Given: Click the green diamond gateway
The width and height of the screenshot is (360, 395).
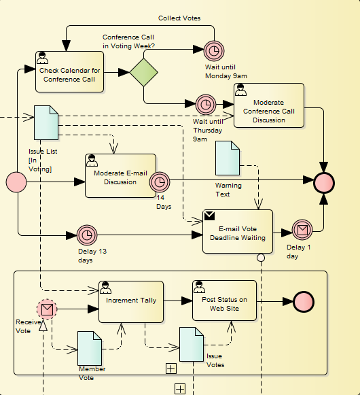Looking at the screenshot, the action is (x=144, y=72).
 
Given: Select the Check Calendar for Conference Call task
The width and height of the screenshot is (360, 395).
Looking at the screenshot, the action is (x=69, y=72).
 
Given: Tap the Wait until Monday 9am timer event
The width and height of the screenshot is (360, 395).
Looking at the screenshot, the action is (x=214, y=51).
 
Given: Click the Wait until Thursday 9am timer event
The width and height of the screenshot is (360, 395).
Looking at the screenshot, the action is (x=206, y=104).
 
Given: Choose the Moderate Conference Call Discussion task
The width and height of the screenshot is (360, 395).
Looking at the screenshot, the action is (x=269, y=105).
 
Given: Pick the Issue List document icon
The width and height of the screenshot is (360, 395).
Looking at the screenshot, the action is (x=46, y=122).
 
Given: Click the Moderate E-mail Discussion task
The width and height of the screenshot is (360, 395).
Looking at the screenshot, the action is (x=120, y=175).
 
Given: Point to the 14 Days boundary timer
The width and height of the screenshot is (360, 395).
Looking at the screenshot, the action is (x=160, y=182).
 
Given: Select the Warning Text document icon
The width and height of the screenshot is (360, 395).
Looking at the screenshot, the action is (x=228, y=158).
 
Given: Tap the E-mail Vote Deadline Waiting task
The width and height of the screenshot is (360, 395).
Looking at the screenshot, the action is (x=238, y=231).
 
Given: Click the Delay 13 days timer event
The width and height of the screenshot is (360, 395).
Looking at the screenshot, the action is (x=87, y=235).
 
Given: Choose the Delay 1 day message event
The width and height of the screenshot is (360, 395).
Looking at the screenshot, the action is (x=302, y=230).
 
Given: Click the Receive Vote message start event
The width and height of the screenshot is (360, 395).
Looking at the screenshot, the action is (x=47, y=309).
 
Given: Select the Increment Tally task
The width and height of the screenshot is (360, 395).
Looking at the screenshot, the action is (x=131, y=302).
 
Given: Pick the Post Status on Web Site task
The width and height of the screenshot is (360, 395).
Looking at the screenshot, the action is (x=225, y=300).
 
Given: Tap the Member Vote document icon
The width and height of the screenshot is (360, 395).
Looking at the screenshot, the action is (x=90, y=348).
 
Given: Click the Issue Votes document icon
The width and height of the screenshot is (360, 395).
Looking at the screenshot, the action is (x=192, y=345).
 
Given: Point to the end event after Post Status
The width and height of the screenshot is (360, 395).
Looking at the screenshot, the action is (x=304, y=302).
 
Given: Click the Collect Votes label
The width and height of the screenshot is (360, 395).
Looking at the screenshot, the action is (x=179, y=18).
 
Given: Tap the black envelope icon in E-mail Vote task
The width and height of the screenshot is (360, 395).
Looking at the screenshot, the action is (x=209, y=216).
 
